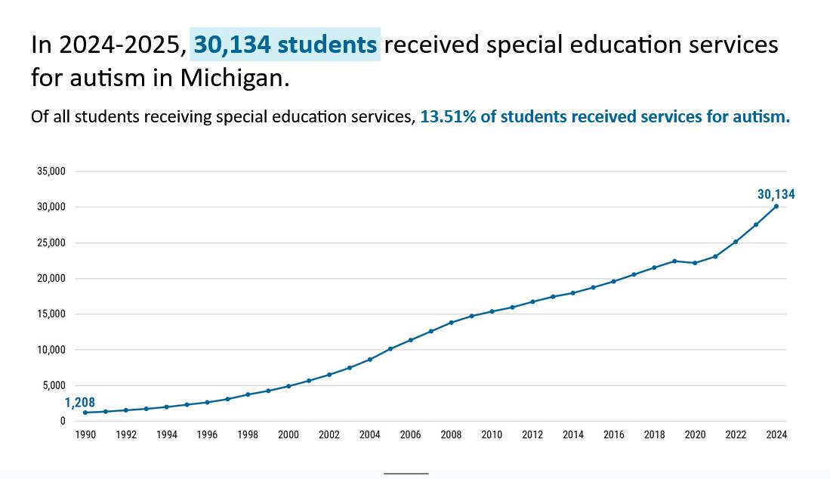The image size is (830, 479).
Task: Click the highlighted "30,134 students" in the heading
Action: [x=285, y=45]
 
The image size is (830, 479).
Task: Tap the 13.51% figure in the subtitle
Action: [x=446, y=117]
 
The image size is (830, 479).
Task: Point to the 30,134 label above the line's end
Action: [x=776, y=194]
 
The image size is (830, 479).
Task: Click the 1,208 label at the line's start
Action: [x=79, y=403]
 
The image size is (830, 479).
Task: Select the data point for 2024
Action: [x=776, y=206]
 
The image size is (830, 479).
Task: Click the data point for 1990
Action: [x=85, y=413]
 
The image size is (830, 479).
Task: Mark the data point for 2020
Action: [x=695, y=263]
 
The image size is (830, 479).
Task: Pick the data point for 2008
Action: [x=451, y=323]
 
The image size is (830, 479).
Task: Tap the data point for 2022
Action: [x=736, y=242]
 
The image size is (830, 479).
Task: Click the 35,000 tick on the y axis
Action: [x=51, y=172]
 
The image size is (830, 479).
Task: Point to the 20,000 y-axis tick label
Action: [x=51, y=279]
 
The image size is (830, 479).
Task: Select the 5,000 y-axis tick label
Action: [x=54, y=386]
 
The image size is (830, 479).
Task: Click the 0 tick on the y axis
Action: [x=63, y=422]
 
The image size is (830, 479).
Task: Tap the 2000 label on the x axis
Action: [x=288, y=435]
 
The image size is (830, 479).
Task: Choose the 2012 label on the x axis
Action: [x=532, y=435]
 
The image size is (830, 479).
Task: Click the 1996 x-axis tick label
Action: [x=207, y=435]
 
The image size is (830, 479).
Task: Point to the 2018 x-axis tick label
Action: [x=654, y=435]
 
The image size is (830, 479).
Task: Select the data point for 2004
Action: [x=370, y=360]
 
